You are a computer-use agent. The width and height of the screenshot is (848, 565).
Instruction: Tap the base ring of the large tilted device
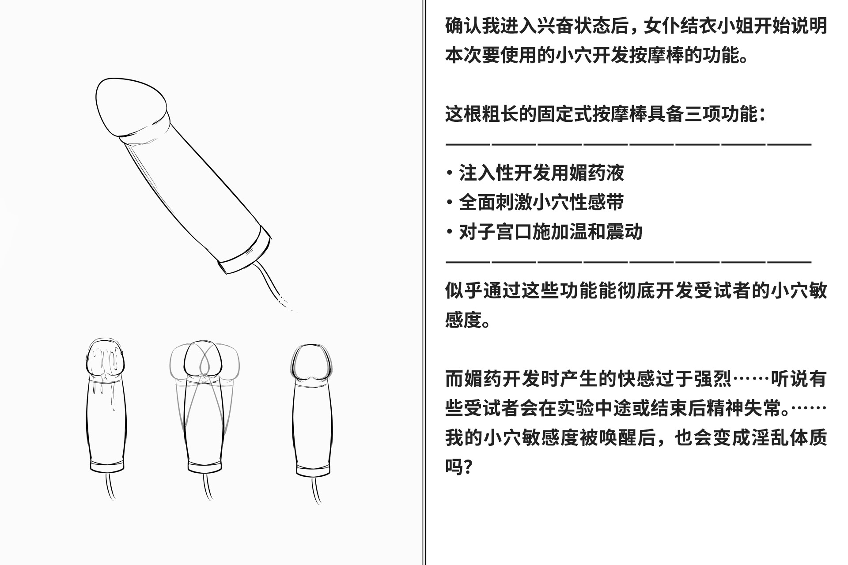245,252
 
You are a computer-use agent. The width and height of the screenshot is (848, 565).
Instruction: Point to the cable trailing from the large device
269,282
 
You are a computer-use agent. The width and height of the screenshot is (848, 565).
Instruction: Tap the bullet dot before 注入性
450,173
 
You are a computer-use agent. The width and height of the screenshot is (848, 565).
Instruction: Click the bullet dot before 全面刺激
450,203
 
